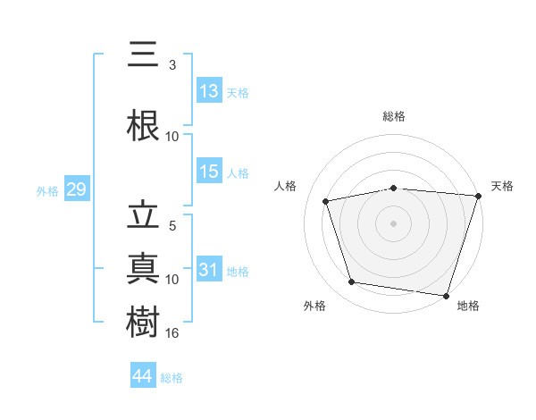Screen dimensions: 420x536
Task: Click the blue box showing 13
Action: tap(209, 91)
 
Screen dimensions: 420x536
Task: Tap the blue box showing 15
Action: tap(209, 172)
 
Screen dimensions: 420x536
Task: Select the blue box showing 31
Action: tap(209, 271)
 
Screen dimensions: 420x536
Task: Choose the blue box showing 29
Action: tap(76, 189)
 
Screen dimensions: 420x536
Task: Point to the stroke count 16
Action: tap(172, 333)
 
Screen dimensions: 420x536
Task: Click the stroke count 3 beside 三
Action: tap(172, 65)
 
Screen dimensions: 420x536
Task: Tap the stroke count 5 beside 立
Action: tap(172, 226)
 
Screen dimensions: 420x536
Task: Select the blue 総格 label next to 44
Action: tap(172, 378)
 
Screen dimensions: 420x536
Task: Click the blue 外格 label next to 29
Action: tap(46, 190)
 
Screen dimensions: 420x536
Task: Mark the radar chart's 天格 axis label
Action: tap(502, 186)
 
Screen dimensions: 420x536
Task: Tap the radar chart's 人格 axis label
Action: tap(286, 186)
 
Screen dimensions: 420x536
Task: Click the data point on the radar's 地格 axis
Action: tap(447, 295)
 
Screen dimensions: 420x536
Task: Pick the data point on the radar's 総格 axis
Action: tap(394, 188)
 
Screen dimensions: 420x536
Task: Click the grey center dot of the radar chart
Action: tap(394, 223)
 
